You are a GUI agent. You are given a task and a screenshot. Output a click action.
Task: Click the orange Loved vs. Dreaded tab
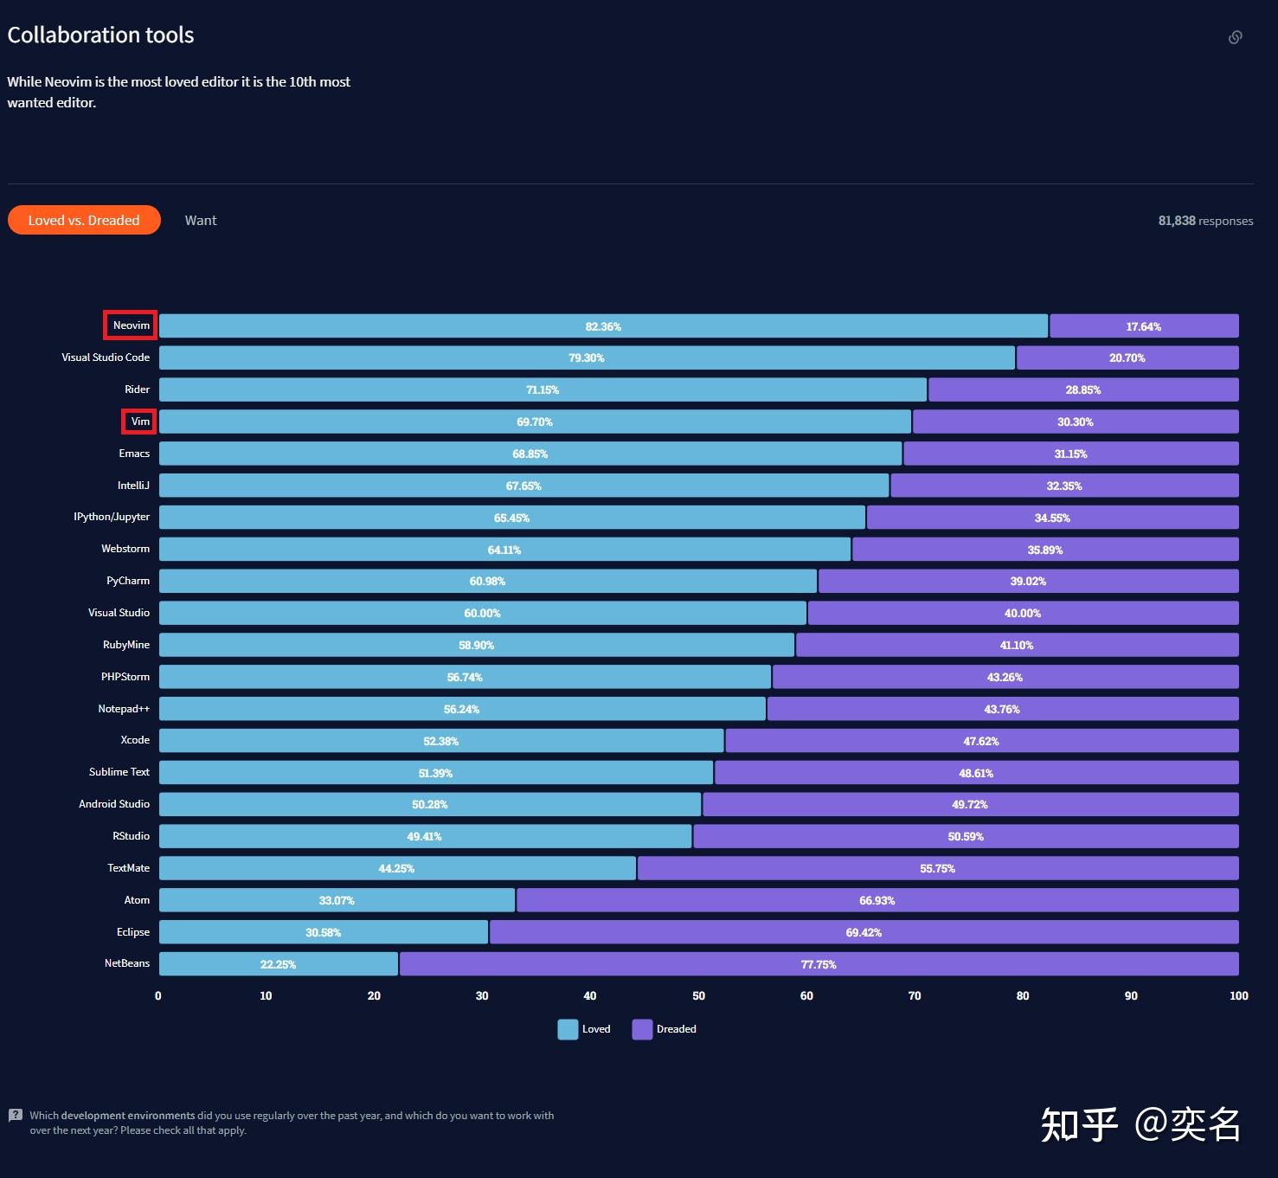tap(84, 220)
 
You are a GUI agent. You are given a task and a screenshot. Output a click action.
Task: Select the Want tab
tap(201, 221)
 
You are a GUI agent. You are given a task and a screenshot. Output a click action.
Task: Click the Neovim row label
tap(131, 325)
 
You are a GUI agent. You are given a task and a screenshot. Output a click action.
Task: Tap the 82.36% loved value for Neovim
tap(603, 326)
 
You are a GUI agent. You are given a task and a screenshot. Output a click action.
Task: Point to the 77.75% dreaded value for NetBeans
tap(819, 964)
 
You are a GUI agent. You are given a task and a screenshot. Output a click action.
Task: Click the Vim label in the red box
tap(140, 422)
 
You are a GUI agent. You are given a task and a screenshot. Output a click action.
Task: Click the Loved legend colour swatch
tap(568, 1029)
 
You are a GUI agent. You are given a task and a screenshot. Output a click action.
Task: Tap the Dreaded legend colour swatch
tap(642, 1029)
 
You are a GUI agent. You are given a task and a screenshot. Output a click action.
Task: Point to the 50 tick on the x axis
tap(698, 996)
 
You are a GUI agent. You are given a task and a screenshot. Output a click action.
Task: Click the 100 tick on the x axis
tap(1238, 996)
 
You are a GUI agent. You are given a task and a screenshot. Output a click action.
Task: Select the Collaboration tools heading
tap(100, 35)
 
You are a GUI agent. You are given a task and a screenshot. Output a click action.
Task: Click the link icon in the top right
tap(1235, 37)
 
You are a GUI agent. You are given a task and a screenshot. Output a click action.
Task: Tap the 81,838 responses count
tap(1205, 221)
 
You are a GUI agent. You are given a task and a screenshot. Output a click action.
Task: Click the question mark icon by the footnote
tap(16, 1115)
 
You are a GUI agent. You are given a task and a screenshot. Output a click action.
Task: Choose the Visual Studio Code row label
tap(106, 357)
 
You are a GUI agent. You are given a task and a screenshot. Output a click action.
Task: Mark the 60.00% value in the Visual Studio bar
tap(482, 614)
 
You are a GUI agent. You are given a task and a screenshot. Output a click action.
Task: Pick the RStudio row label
tap(131, 836)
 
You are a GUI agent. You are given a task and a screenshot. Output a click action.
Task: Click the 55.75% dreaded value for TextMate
tap(937, 868)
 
